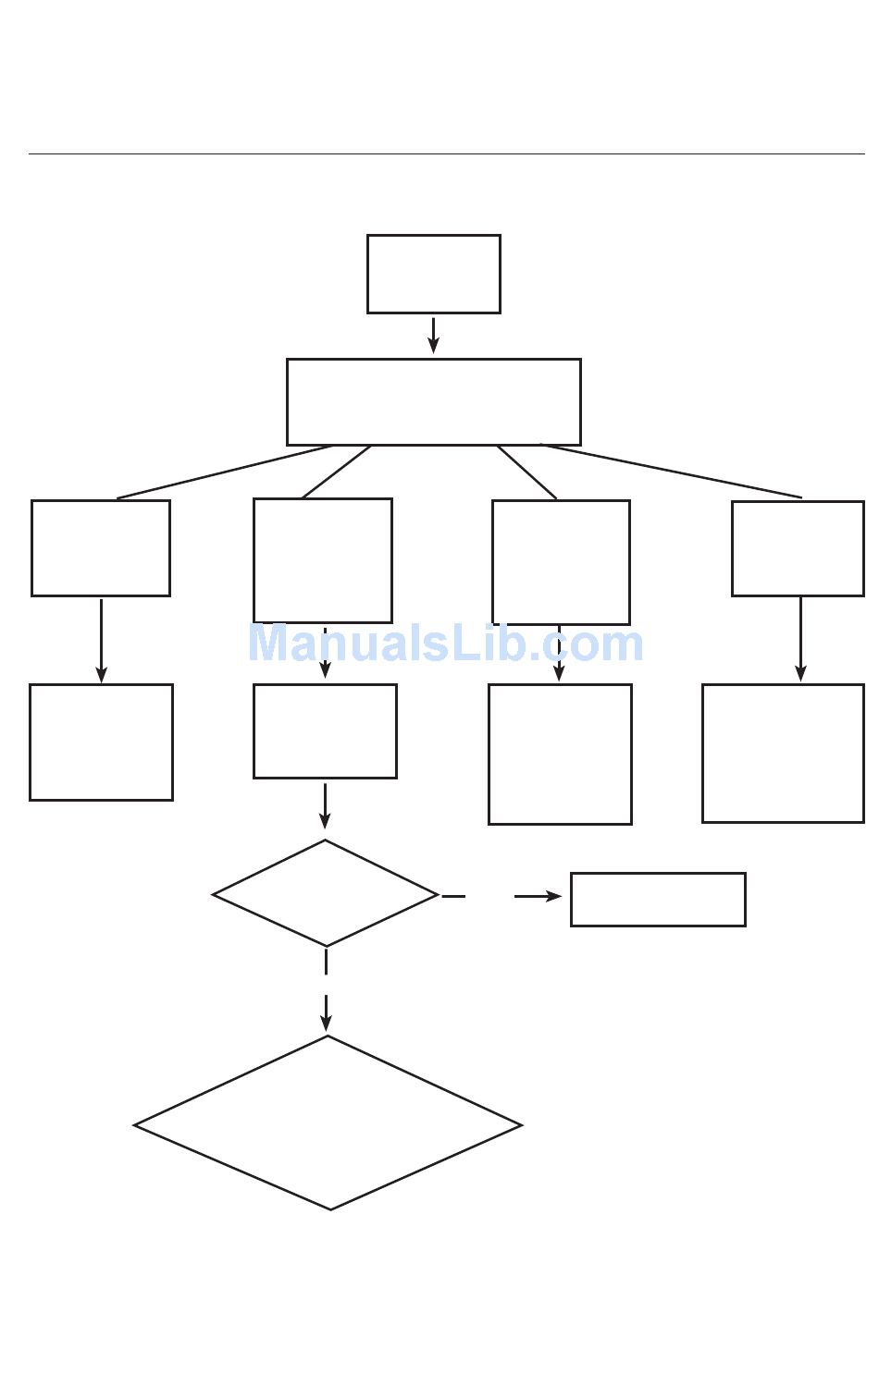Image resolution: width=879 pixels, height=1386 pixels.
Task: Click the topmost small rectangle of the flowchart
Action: tap(433, 274)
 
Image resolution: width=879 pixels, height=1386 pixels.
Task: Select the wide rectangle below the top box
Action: tap(433, 402)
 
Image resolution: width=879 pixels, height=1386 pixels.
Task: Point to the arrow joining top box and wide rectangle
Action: tap(433, 335)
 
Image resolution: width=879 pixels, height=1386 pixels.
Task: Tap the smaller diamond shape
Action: tap(325, 893)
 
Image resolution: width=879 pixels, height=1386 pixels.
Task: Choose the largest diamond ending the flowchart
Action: tap(328, 1123)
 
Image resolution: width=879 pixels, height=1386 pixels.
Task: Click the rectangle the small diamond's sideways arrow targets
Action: tap(658, 899)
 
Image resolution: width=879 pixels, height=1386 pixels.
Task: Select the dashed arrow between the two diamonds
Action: tap(326, 989)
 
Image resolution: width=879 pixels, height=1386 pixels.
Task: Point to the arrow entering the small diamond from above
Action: tap(325, 806)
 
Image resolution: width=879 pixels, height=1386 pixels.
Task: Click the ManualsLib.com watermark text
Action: tap(445, 644)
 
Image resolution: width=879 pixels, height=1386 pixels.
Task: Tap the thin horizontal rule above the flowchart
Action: tap(446, 153)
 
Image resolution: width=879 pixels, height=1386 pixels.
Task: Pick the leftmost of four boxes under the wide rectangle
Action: tap(101, 548)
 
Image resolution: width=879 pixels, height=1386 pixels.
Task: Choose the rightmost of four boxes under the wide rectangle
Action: tap(798, 548)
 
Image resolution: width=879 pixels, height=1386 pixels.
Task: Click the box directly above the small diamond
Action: tap(325, 731)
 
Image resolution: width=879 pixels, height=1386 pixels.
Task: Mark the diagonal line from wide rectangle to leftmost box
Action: tap(224, 472)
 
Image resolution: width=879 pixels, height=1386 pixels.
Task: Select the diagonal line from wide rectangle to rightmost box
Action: tap(671, 471)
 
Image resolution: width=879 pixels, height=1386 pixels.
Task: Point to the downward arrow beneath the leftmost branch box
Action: tap(101, 641)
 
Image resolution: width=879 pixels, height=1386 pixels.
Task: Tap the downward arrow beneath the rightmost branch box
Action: tap(800, 640)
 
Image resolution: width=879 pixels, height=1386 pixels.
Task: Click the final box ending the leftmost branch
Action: tap(101, 742)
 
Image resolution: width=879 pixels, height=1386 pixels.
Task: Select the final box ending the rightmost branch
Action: tap(783, 754)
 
